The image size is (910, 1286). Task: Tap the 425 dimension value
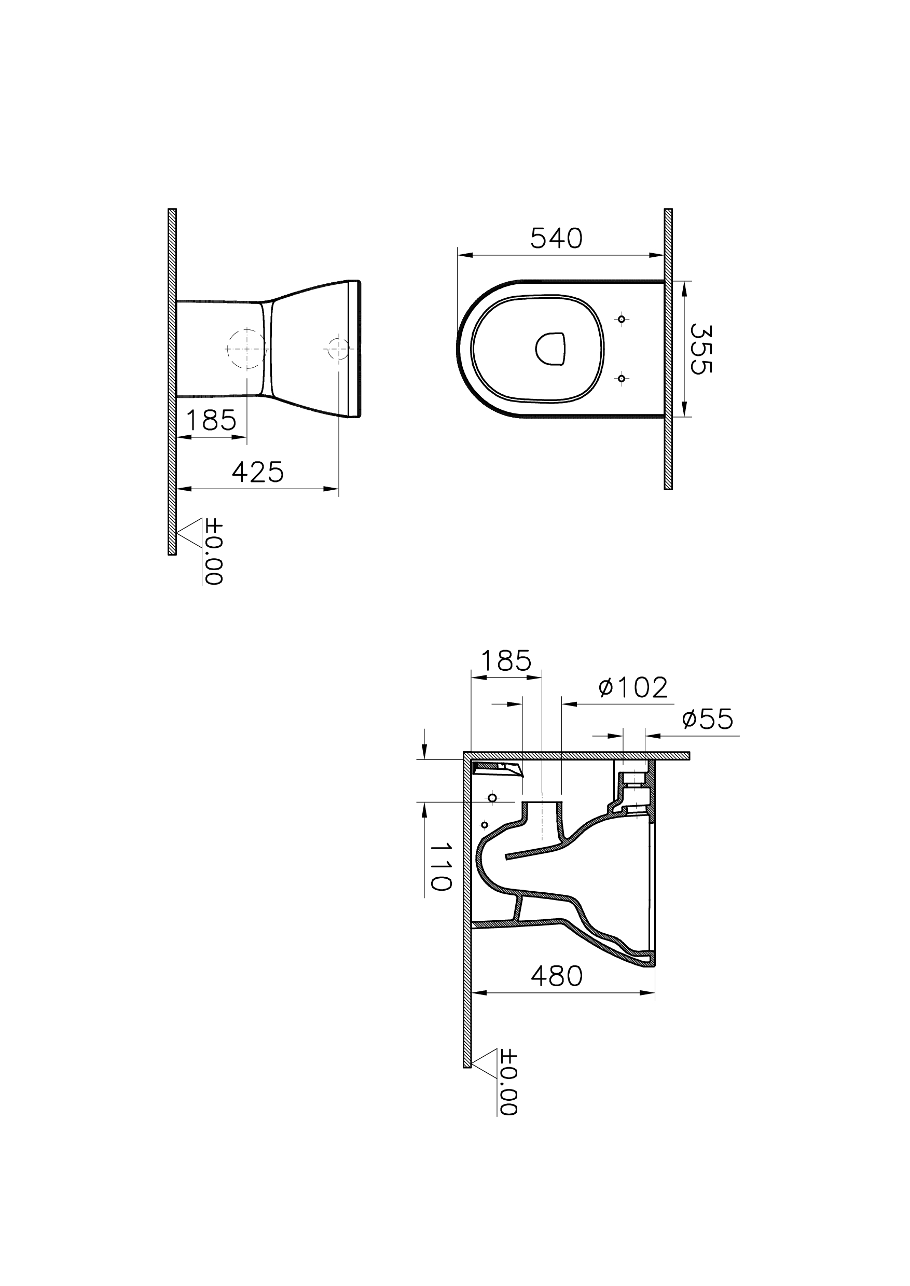coord(258,473)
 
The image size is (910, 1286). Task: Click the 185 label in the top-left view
coord(211,420)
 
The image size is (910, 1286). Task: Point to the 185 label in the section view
coord(506,661)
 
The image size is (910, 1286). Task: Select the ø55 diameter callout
coord(708,719)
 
